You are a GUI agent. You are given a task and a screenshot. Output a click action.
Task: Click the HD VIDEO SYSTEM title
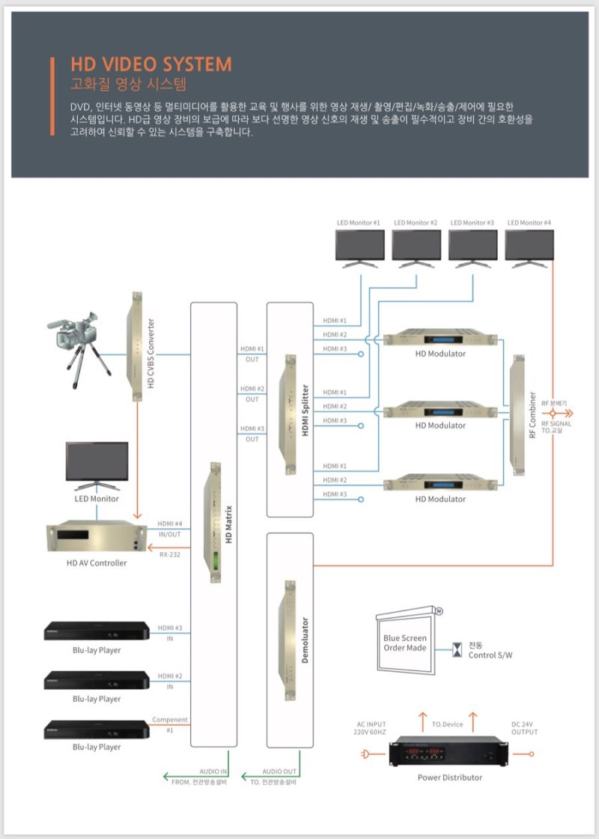point(150,64)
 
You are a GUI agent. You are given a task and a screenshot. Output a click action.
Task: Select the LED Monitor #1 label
point(359,222)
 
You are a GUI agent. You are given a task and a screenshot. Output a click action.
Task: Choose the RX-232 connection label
point(169,554)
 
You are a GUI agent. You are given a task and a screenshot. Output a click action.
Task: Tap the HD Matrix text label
point(229,524)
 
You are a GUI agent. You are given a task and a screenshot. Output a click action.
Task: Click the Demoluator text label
point(305,640)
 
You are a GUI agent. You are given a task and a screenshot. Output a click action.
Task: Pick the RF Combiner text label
point(532,414)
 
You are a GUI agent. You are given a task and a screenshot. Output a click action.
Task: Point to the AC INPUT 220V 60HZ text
point(371,727)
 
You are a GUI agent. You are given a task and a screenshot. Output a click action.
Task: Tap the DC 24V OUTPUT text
point(524,727)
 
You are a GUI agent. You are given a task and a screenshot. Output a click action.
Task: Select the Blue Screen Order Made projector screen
point(405,642)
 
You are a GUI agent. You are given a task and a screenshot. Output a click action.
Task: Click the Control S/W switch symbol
point(457,649)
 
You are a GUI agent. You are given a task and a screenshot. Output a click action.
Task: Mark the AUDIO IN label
point(213,771)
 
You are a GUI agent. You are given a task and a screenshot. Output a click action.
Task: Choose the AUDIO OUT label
point(279,771)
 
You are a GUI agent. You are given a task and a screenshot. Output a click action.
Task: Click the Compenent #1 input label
point(170,724)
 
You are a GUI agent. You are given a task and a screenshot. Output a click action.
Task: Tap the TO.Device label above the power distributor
point(448,724)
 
